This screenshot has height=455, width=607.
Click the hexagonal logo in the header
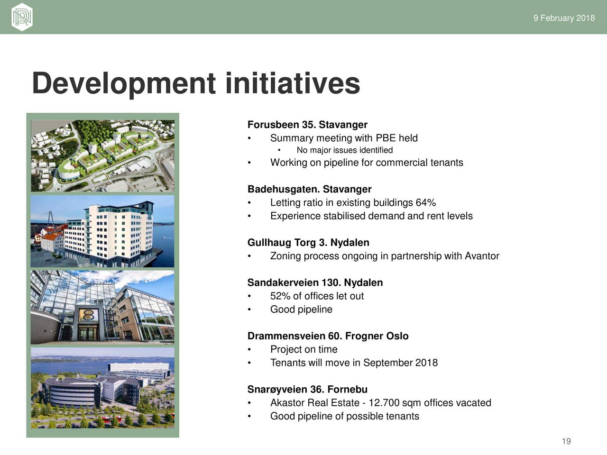click(22, 17)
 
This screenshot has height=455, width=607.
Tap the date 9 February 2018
click(564, 18)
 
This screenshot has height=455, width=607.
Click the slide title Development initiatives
click(196, 83)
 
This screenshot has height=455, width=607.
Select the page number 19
click(566, 441)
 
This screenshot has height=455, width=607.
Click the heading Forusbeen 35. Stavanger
click(307, 125)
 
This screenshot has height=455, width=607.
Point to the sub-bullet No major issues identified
click(345, 150)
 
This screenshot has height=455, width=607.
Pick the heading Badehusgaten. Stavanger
click(310, 189)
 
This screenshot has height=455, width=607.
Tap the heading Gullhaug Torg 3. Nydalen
click(308, 243)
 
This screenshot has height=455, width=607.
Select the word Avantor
click(482, 256)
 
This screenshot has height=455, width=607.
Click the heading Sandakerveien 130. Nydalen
click(315, 282)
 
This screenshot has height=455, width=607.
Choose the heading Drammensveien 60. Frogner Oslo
click(328, 336)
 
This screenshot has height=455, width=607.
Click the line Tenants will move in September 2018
click(354, 363)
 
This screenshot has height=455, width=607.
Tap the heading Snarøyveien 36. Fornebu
click(307, 389)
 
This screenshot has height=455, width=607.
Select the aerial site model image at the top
click(102, 156)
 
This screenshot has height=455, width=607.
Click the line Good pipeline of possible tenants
click(345, 416)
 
